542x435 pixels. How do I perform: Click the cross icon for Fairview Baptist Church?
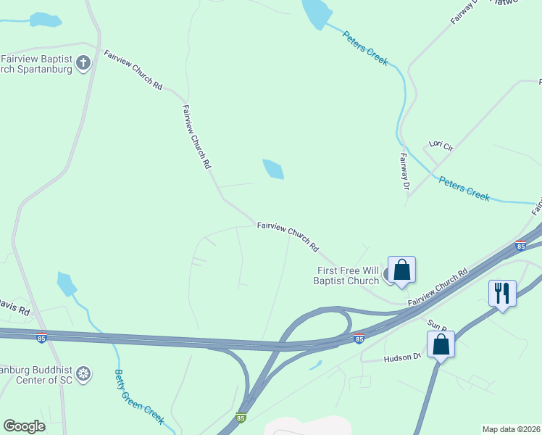coord(83,62)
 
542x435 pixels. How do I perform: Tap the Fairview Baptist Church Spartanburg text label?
coord(36,64)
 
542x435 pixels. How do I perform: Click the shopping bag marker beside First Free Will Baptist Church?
coord(402,270)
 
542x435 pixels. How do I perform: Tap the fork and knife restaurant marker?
coord(502,294)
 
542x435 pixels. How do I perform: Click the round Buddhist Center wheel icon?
coord(84,374)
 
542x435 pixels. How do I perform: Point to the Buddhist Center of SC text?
coord(36,375)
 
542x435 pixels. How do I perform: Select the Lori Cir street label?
coord(441,146)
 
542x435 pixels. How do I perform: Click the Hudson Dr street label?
coord(401,357)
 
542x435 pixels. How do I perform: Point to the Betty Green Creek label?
coord(139,397)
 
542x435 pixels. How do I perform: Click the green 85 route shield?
coord(241,418)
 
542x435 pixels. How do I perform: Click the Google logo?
coord(24,426)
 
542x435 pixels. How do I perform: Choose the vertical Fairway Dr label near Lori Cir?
coord(404,171)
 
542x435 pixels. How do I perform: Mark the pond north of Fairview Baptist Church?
coord(45,20)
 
